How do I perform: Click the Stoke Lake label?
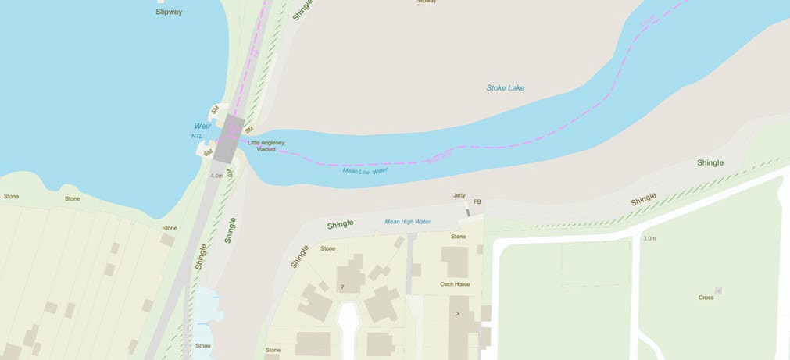tap(505, 88)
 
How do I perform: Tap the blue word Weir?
tap(202, 126)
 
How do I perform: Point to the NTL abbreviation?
tap(197, 136)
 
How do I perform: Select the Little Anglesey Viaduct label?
tap(266, 145)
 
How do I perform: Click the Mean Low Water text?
tap(365, 170)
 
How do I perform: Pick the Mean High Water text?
tap(407, 222)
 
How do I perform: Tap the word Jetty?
tap(459, 195)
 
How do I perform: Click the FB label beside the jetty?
tap(477, 202)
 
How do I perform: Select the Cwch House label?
tap(455, 284)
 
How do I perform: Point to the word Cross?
tap(706, 298)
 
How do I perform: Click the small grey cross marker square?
tap(718, 291)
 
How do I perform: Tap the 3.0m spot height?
tap(649, 237)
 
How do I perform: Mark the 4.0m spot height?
tap(216, 176)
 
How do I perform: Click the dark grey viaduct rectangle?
tap(227, 137)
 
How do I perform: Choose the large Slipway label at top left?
tap(169, 12)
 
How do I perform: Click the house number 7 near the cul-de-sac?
tap(341, 287)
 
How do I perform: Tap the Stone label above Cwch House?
tap(458, 237)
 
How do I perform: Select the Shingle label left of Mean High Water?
tap(341, 225)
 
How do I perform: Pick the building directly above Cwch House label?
tap(454, 262)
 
